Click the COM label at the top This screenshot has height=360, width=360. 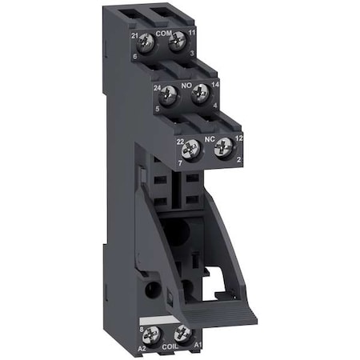163,33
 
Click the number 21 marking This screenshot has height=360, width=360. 134,35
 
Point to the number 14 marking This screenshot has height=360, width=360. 215,82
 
